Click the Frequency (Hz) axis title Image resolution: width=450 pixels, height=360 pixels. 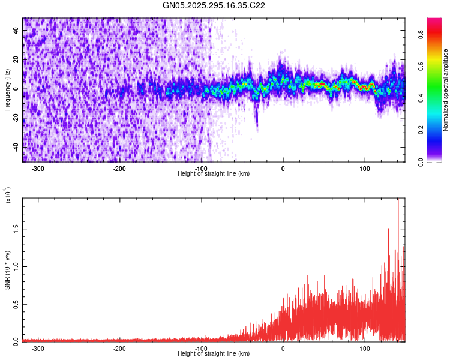click(7, 90)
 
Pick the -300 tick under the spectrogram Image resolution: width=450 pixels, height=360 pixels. click(38, 167)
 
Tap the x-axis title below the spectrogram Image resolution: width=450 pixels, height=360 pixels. click(214, 173)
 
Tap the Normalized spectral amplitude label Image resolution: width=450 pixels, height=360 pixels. click(446, 90)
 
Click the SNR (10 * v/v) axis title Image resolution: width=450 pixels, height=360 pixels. click(7, 270)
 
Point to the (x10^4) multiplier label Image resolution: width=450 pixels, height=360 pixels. click(8, 196)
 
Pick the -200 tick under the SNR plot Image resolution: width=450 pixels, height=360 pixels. click(119, 347)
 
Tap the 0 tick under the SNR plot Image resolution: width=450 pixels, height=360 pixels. click(283, 347)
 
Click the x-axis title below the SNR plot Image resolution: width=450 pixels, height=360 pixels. click(214, 353)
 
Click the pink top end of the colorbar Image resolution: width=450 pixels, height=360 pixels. click(434, 21)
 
